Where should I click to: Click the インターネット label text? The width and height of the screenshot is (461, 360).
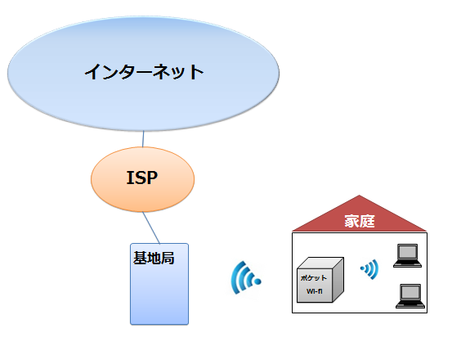pos(144,72)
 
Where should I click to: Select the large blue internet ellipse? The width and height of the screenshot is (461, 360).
pos(143,74)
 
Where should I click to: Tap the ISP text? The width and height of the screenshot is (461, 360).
pos(142,178)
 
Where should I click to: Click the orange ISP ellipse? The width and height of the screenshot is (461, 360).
pos(142,179)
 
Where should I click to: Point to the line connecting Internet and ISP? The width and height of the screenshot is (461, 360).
pos(143,139)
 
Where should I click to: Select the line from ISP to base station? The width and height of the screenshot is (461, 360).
pos(151,227)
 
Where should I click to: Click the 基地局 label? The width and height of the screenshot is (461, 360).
pos(154,259)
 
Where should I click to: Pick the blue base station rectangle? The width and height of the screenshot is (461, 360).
pos(159,284)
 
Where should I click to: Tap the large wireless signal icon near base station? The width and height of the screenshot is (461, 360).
pos(244,278)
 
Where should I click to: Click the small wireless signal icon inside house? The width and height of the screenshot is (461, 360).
pos(370,269)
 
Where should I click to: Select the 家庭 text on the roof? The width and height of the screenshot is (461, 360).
pos(360,221)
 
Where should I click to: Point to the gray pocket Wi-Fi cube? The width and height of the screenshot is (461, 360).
pos(320,280)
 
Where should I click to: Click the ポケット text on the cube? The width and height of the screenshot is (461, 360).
pos(314,278)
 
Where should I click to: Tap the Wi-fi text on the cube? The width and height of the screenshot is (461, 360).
pos(315,291)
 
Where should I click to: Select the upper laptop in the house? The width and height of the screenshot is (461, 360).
pos(408,255)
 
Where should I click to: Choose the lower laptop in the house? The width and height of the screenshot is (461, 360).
pos(410,296)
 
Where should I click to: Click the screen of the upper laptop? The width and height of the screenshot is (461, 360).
pos(408,252)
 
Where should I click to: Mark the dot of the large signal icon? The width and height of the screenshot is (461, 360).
pos(257,281)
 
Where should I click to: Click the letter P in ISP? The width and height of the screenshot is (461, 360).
pos(151,178)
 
